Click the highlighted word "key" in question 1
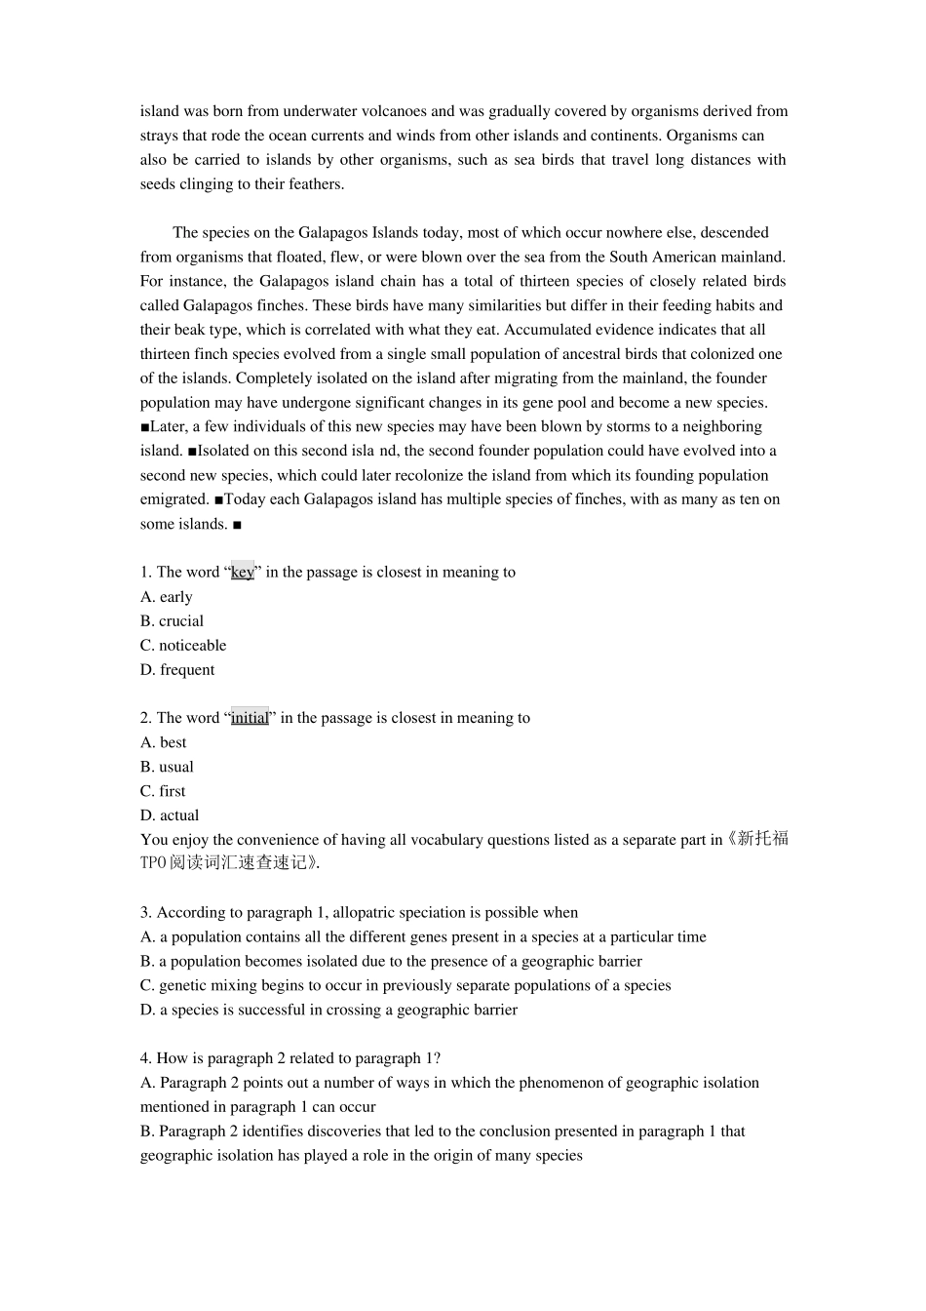(242, 573)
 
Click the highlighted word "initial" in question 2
(250, 718)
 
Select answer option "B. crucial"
(172, 621)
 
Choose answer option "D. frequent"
(177, 670)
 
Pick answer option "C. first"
(163, 791)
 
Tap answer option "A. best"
(163, 742)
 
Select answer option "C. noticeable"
(183, 646)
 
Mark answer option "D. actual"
(170, 815)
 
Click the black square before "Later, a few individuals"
(145, 427)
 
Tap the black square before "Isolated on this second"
(192, 452)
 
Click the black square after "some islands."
(238, 525)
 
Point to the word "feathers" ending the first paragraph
(315, 184)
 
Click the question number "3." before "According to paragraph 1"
(146, 913)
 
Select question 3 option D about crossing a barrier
(328, 1010)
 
